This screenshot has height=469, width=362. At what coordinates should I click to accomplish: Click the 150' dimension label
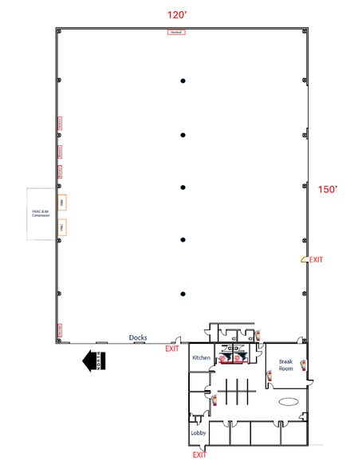click(x=329, y=189)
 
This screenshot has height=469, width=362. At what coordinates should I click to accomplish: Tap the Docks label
click(x=138, y=337)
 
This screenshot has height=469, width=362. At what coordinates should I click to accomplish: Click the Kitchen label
click(x=201, y=358)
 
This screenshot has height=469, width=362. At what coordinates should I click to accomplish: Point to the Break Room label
click(x=286, y=365)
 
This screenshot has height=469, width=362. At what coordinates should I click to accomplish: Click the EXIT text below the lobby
click(x=199, y=455)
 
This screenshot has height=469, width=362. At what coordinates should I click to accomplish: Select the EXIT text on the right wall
click(x=317, y=260)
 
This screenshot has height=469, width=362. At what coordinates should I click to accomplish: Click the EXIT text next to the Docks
click(x=171, y=349)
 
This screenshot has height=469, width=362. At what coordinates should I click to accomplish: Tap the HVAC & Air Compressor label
click(x=41, y=213)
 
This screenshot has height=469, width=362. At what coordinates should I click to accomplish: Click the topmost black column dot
click(x=183, y=81)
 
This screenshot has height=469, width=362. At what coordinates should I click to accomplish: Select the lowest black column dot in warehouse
click(x=183, y=293)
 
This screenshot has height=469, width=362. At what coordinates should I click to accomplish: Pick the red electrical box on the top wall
click(x=176, y=32)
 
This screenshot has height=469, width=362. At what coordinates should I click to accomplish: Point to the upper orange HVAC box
click(x=61, y=200)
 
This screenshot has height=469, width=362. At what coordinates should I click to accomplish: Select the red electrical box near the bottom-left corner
click(x=59, y=330)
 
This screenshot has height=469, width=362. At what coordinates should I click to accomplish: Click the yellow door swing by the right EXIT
click(x=303, y=259)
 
